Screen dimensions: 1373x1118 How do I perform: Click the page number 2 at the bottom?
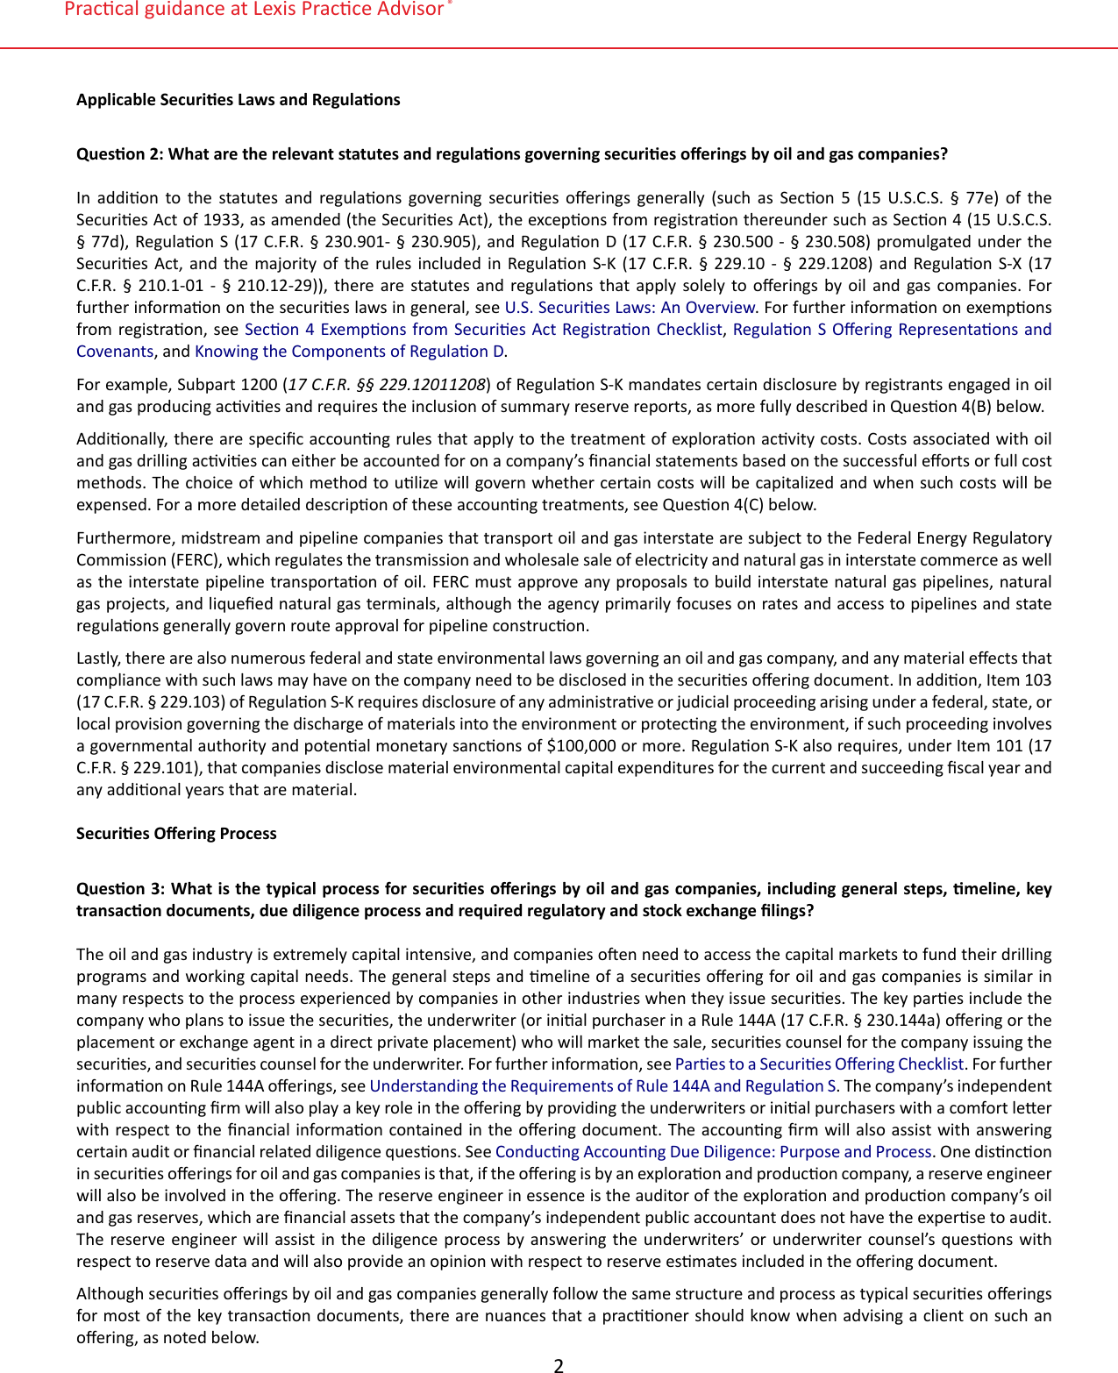(x=559, y=1364)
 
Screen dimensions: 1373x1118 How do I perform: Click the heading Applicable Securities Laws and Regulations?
(x=238, y=100)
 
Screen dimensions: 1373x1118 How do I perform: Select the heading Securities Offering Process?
(x=176, y=834)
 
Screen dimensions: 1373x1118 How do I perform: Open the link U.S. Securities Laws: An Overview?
(x=630, y=308)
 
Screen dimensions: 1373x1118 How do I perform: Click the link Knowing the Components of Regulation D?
(x=349, y=352)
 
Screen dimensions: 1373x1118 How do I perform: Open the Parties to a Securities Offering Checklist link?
(x=819, y=1064)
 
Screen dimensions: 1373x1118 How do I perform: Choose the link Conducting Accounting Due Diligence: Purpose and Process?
(x=713, y=1152)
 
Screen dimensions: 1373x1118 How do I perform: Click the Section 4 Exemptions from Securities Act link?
(x=483, y=330)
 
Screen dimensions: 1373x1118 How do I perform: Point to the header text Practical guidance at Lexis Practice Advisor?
(x=254, y=10)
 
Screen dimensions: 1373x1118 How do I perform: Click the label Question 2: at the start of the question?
(x=120, y=154)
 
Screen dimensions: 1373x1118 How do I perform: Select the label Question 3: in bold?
(x=120, y=889)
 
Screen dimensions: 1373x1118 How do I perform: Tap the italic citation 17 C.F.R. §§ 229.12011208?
(x=387, y=385)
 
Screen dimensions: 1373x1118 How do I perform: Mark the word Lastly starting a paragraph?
(x=98, y=658)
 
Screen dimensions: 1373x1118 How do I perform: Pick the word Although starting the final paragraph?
(x=107, y=1294)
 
